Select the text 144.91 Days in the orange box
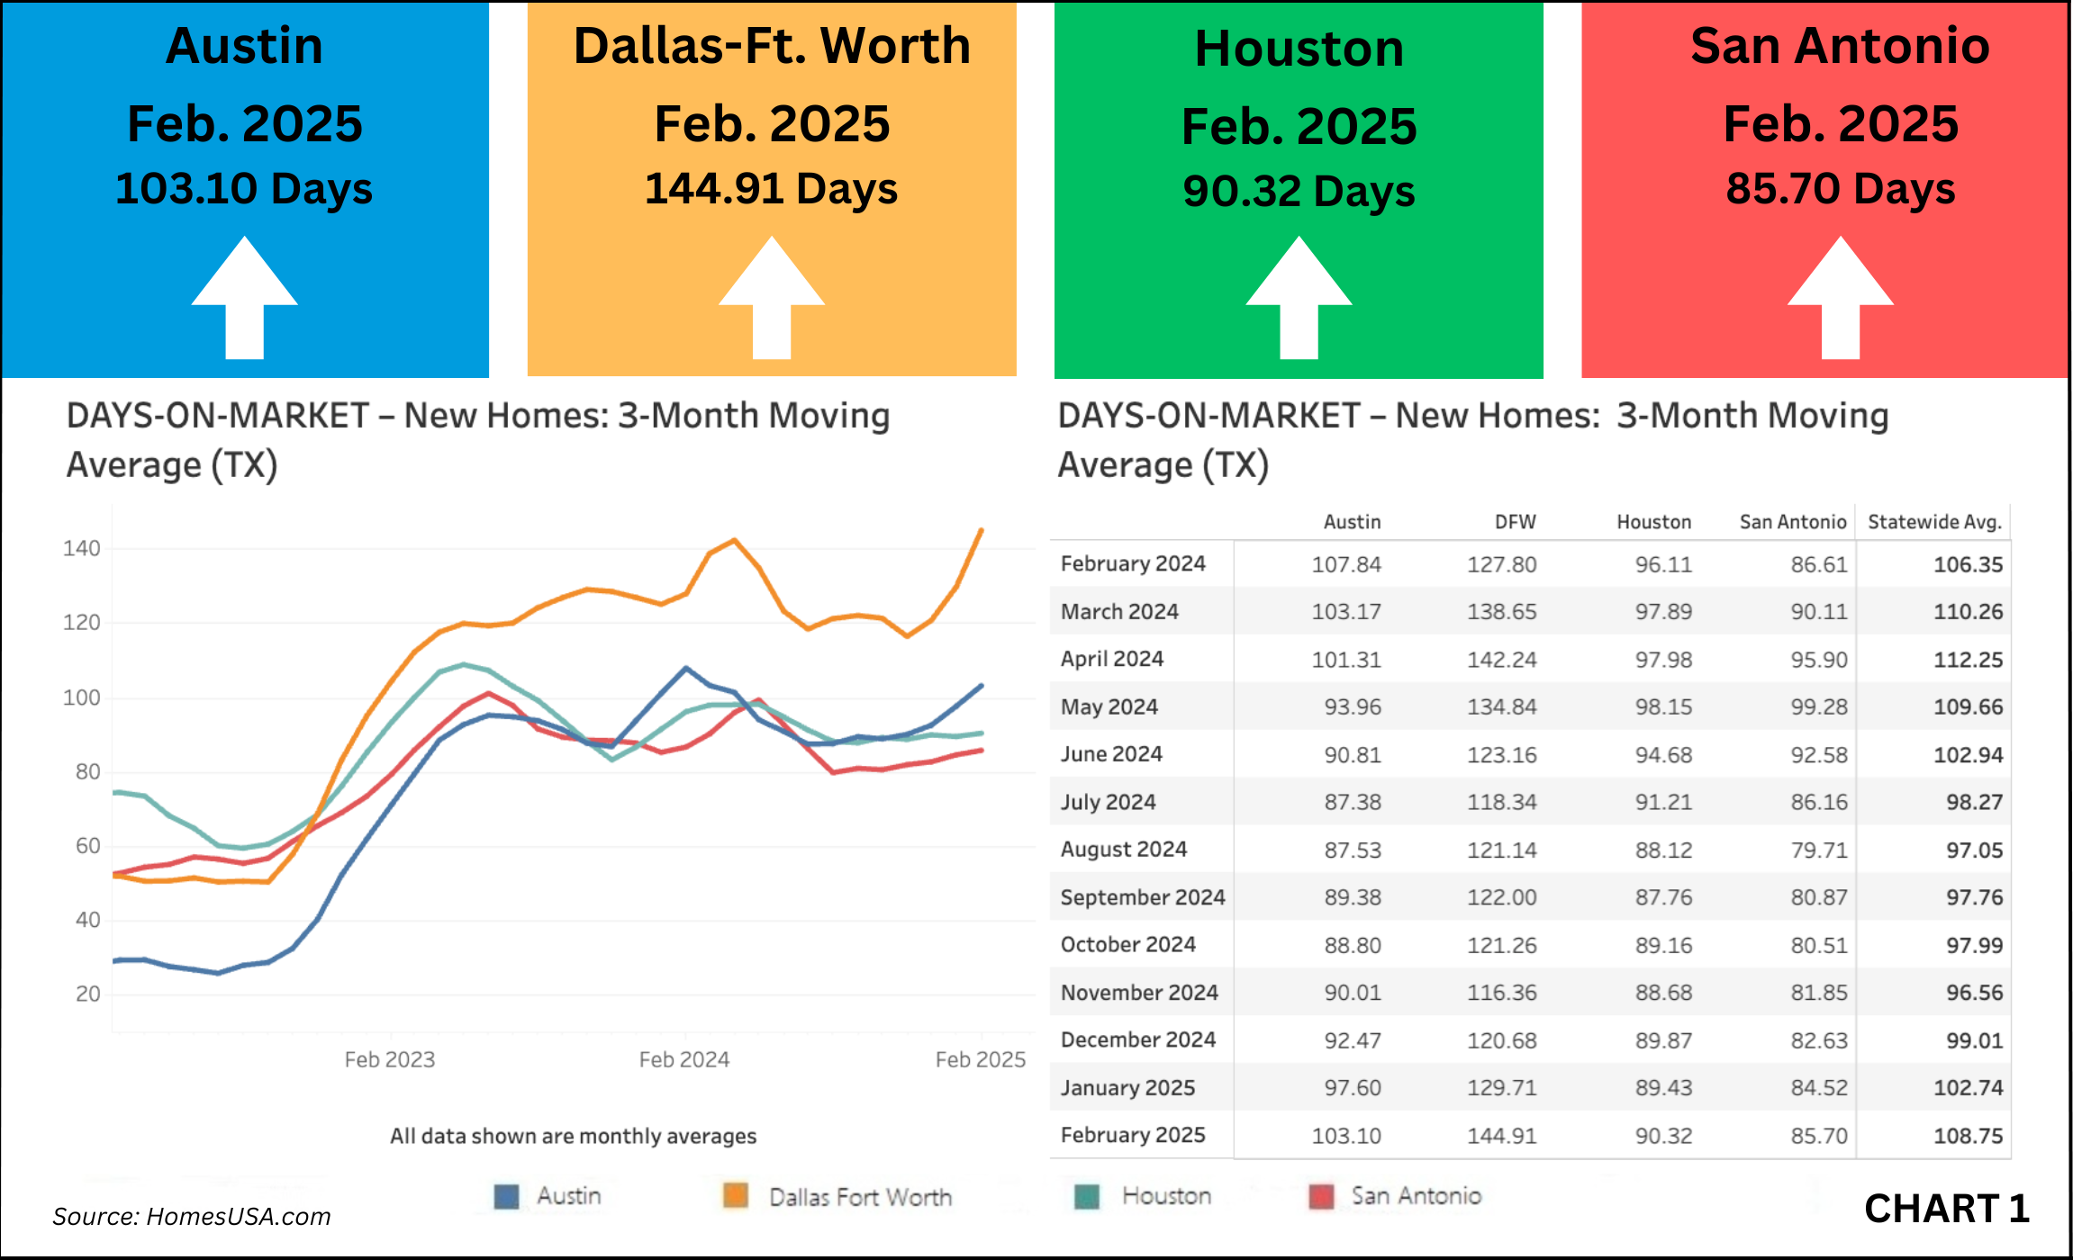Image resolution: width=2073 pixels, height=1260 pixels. (x=771, y=189)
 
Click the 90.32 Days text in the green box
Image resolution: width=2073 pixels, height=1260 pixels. (x=1299, y=192)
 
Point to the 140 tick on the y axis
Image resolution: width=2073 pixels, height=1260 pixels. (x=82, y=548)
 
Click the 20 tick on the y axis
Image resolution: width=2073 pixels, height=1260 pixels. (x=87, y=994)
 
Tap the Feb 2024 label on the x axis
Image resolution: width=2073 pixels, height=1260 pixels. (x=683, y=1059)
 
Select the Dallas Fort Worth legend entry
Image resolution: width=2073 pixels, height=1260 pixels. (x=859, y=1197)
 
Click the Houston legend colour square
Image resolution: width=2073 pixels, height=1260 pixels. (x=1087, y=1196)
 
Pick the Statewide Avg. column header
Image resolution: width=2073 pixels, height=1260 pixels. (x=1934, y=522)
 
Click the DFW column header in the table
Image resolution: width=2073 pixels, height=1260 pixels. (x=1515, y=522)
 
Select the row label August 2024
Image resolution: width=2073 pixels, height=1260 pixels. (x=1123, y=849)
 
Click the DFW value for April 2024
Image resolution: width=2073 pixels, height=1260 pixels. (x=1501, y=660)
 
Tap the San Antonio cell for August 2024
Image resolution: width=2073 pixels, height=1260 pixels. (x=1818, y=850)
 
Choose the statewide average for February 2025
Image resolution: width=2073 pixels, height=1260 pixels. (x=1968, y=1136)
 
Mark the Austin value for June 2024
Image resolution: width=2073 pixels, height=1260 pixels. (x=1352, y=755)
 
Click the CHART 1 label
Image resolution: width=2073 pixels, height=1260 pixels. (x=1946, y=1209)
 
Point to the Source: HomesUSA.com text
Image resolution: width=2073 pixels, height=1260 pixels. (x=192, y=1217)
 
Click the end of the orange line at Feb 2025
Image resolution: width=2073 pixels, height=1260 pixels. (x=981, y=531)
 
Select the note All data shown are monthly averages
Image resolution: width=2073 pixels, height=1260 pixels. (x=573, y=1136)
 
